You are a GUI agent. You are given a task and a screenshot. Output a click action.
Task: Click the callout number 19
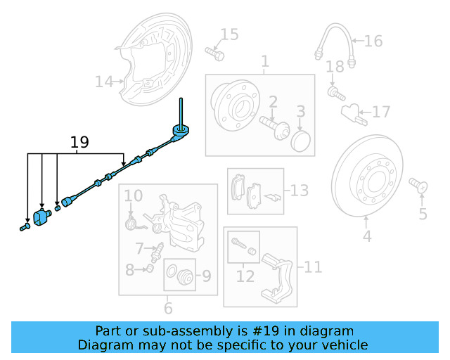pos(79,142)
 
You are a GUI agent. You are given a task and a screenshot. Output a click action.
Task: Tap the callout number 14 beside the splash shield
pos(104,82)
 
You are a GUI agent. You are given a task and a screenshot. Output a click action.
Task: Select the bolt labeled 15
pos(214,53)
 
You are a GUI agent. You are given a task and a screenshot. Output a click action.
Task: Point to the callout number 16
pos(373,41)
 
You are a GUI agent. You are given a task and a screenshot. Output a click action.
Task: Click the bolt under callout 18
pos(336,94)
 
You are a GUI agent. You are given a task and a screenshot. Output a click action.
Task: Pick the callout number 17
pos(381,112)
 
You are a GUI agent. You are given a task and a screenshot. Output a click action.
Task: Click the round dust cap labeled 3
pos(300,141)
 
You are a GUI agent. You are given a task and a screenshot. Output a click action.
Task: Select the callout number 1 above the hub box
pos(265,61)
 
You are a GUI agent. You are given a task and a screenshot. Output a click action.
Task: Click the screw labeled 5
pos(418,185)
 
